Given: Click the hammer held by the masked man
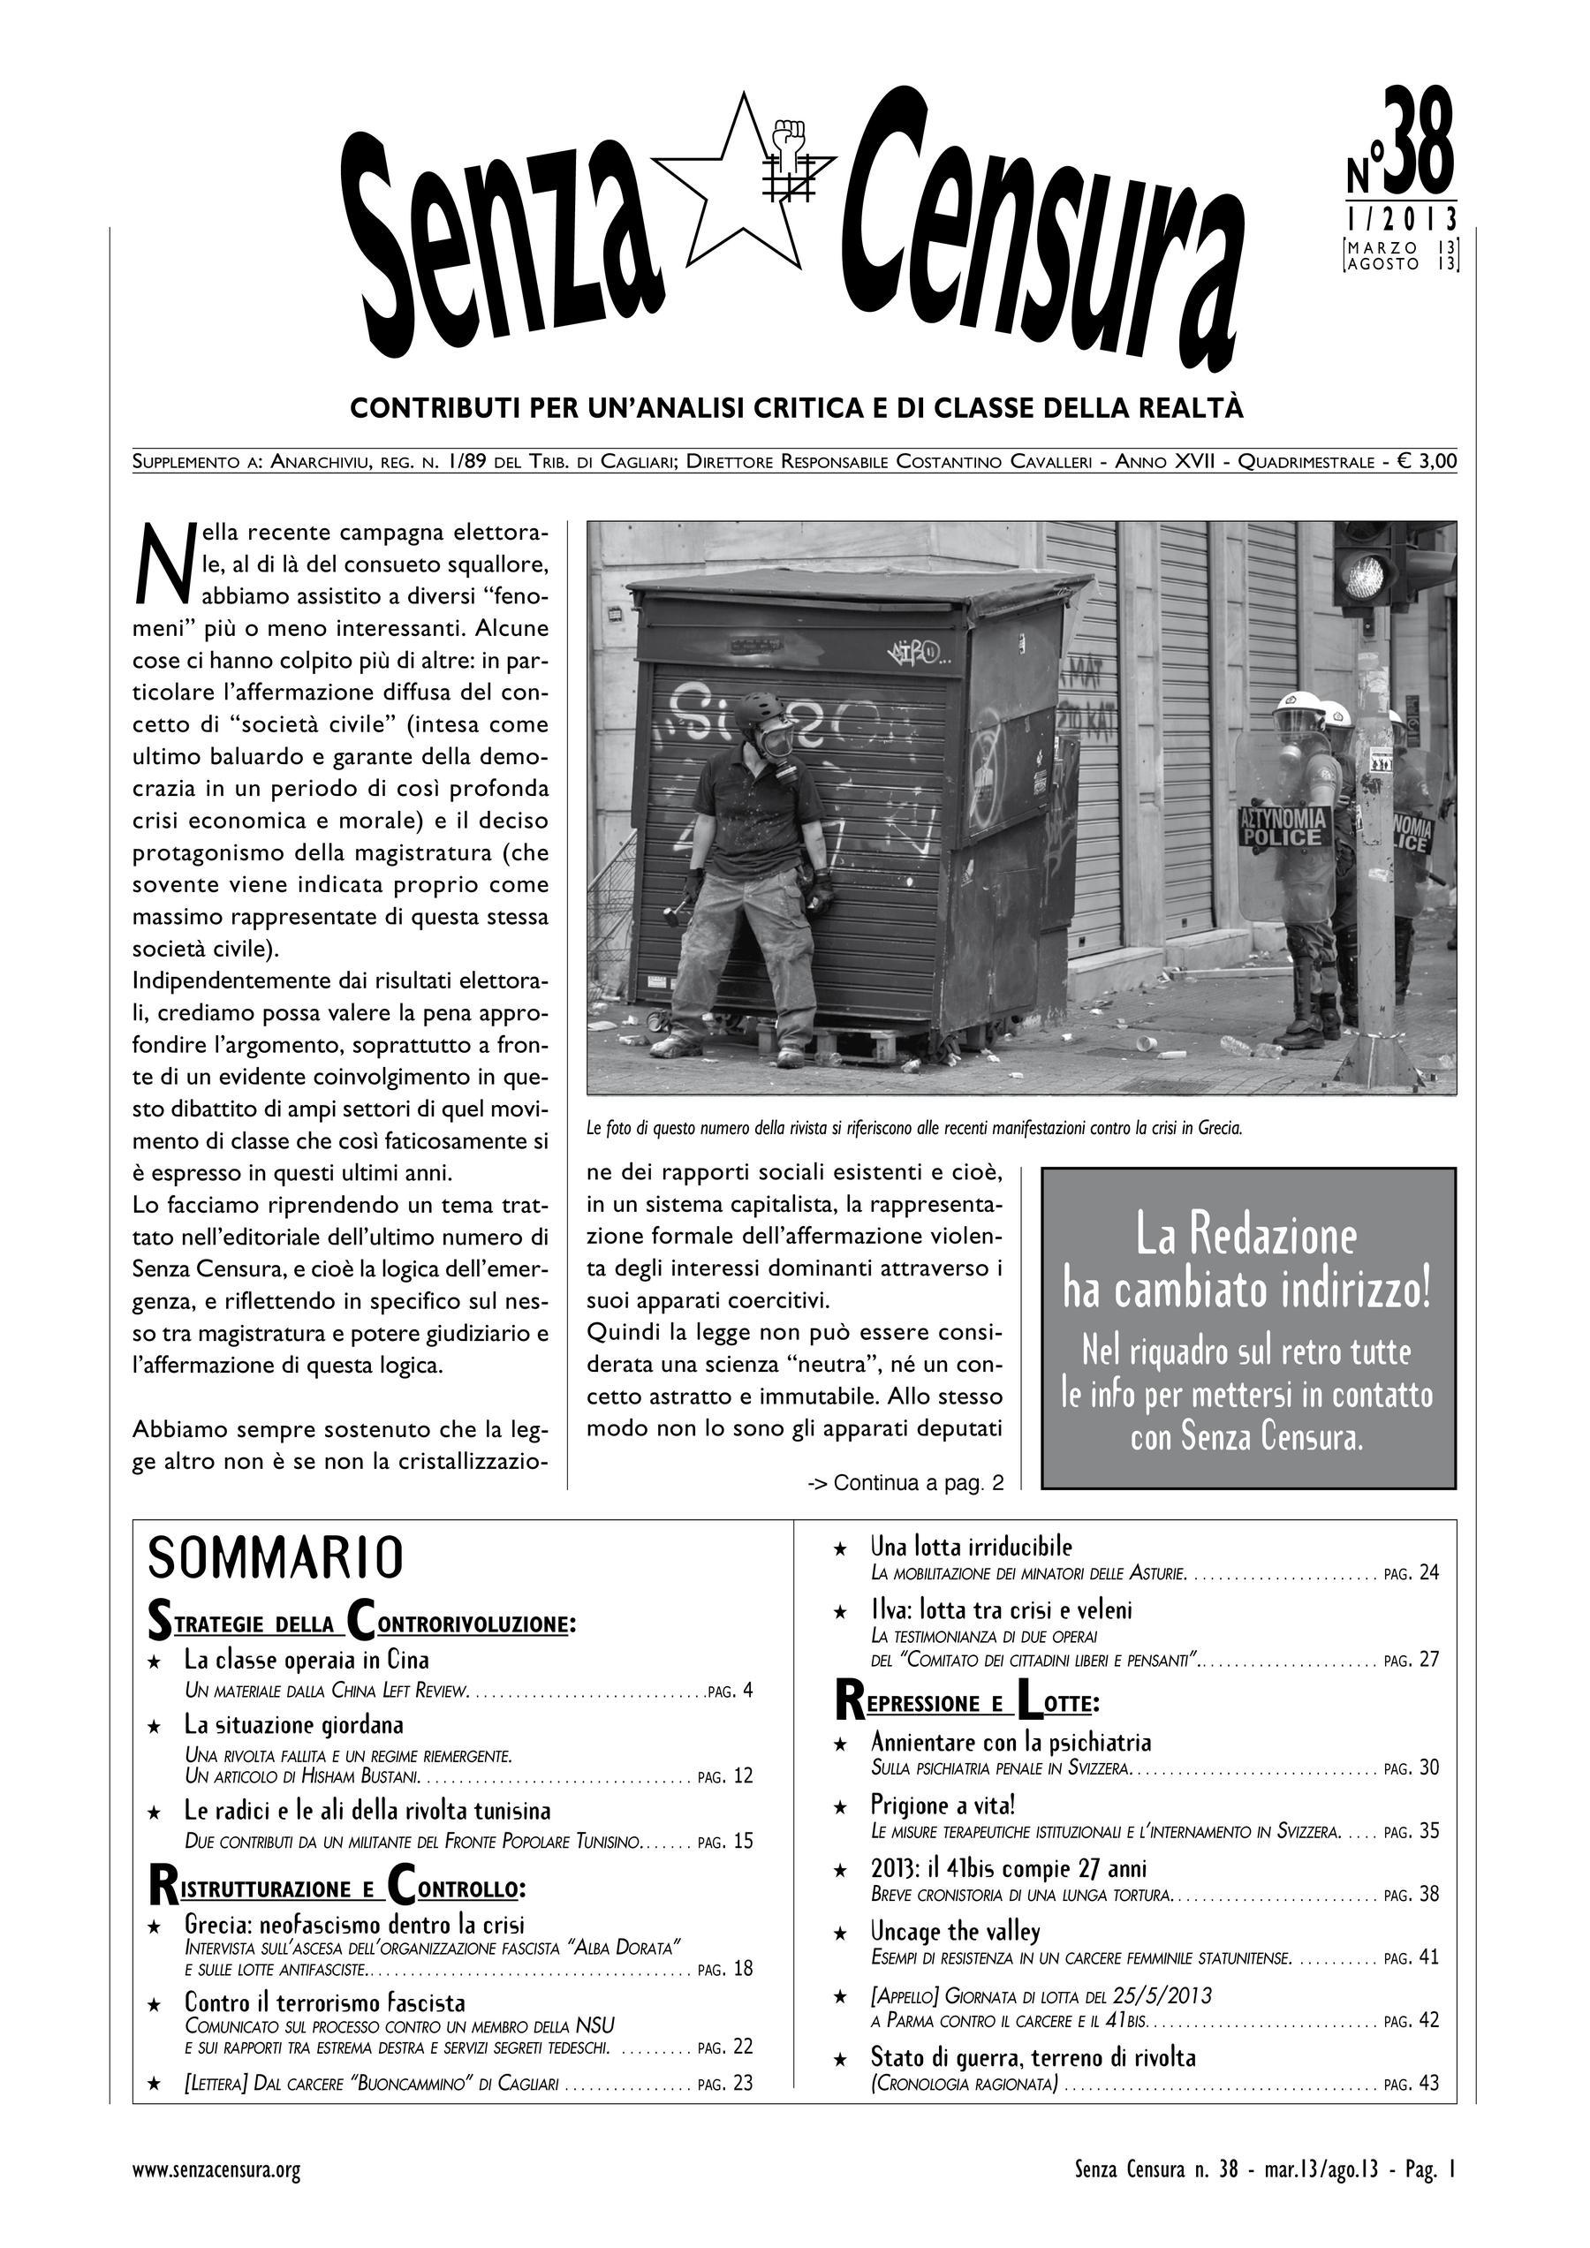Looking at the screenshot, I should [x=675, y=917].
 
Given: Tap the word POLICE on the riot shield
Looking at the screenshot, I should [x=1283, y=837].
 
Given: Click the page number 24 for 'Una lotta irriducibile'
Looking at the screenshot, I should [x=1428, y=1573].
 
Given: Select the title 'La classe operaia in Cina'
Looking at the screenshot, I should [x=307, y=1660].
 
